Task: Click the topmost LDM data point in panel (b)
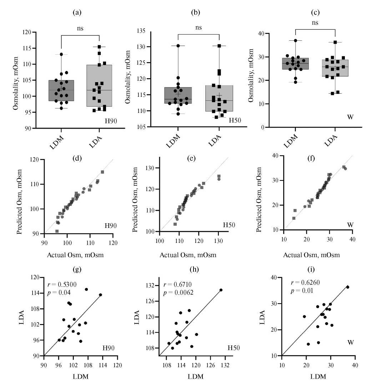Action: [x=178, y=46]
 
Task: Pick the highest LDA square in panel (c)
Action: [x=335, y=42]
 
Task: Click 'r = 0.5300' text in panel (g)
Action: [x=62, y=285]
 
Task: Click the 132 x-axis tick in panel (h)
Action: [x=225, y=365]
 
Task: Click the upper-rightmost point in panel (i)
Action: [x=348, y=287]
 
